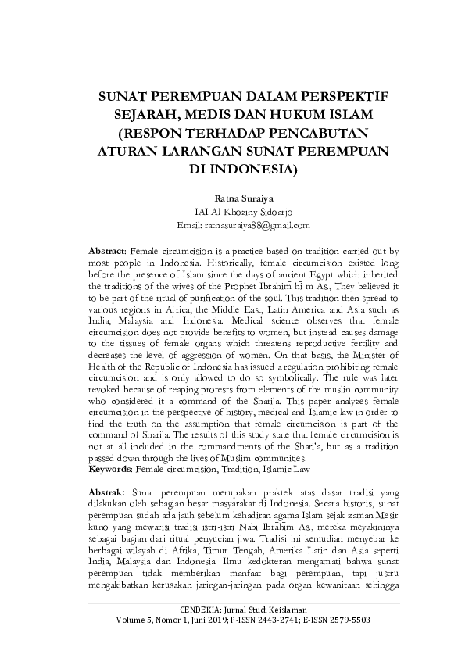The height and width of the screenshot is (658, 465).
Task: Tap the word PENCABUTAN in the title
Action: [x=320, y=132]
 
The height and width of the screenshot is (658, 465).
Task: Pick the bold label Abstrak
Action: [x=108, y=495]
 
